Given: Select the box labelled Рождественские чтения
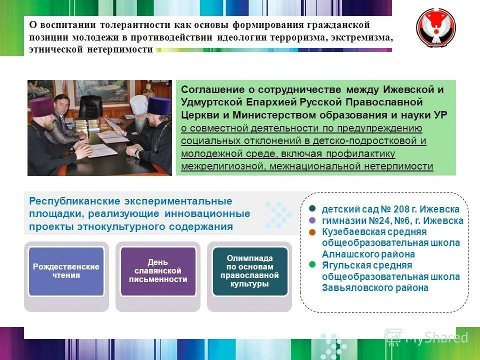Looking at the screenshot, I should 66,271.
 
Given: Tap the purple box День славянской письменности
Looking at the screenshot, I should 157,270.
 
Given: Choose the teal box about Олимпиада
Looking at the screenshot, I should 249,271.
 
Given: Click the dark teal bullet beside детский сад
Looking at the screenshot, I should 312,208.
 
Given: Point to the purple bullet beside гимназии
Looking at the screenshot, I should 312,220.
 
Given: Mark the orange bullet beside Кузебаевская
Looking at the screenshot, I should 312,232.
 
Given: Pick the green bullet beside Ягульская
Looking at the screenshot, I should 312,264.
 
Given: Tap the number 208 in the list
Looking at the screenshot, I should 397,209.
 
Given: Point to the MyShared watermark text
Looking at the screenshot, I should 435,337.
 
